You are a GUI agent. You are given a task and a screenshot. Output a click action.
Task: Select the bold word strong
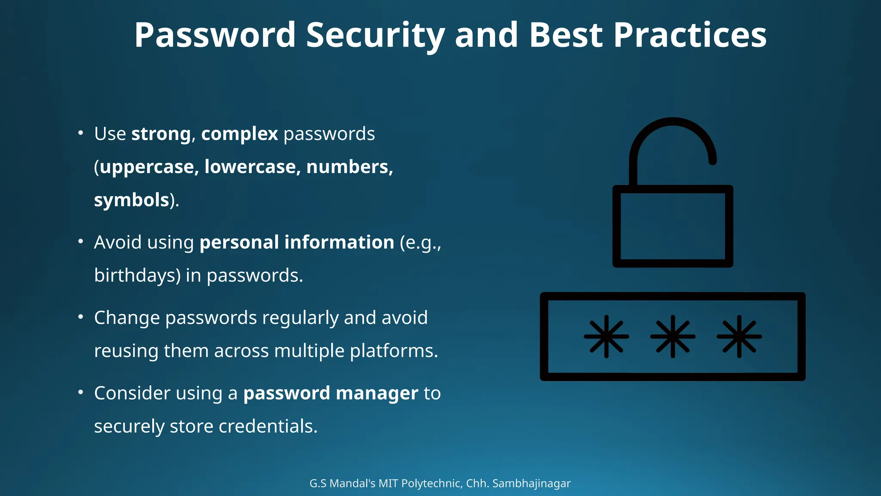click(x=161, y=134)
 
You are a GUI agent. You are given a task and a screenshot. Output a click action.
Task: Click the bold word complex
click(x=240, y=134)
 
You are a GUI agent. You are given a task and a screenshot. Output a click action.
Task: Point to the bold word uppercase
click(x=147, y=167)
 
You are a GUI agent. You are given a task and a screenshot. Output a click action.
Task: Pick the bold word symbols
click(x=131, y=200)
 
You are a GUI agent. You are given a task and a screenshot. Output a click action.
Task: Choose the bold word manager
click(x=377, y=393)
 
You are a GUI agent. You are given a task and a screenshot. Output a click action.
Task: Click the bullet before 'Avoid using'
click(x=80, y=242)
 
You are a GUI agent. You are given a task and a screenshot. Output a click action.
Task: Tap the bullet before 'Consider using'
click(x=80, y=392)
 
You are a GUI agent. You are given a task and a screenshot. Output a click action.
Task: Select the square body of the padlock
click(x=672, y=226)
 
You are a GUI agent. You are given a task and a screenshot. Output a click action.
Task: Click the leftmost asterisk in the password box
click(x=606, y=336)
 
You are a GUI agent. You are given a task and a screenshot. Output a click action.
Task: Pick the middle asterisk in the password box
click(x=672, y=336)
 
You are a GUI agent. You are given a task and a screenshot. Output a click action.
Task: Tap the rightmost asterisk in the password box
click(x=739, y=336)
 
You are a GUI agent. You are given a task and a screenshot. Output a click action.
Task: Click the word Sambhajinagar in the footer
click(x=531, y=484)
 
